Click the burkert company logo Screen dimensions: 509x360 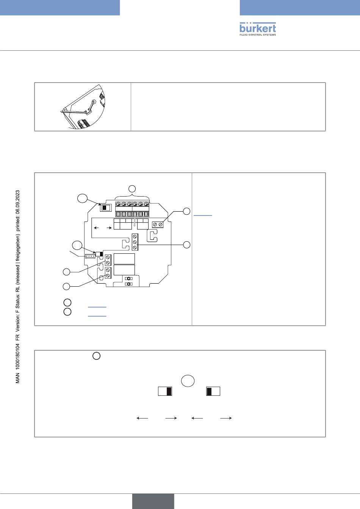[x=258, y=28]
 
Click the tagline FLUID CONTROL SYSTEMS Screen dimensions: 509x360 [x=258, y=35]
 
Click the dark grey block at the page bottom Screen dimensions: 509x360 [x=153, y=501]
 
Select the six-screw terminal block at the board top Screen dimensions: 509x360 [x=132, y=209]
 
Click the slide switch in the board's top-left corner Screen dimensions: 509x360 [x=105, y=208]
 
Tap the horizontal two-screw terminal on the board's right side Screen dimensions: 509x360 [x=158, y=225]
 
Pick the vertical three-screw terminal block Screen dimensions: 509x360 [x=135, y=242]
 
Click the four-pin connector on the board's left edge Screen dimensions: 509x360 [x=90, y=256]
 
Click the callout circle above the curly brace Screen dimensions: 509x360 [x=132, y=188]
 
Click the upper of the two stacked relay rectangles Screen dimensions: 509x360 [x=124, y=259]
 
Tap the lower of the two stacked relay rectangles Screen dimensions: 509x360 [x=124, y=270]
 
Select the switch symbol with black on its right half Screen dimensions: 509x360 [x=165, y=391]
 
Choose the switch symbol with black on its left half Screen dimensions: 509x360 [x=213, y=391]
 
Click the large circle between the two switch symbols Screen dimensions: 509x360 [x=188, y=381]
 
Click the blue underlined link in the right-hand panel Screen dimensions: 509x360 [x=203, y=215]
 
